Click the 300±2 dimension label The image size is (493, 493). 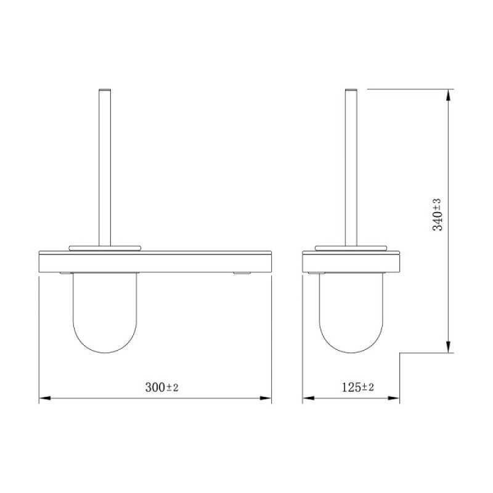click(x=161, y=387)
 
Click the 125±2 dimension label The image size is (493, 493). click(x=358, y=387)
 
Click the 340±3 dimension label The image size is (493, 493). click(x=438, y=214)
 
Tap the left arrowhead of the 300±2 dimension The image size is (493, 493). click(x=44, y=398)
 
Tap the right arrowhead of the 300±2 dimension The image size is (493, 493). click(x=266, y=398)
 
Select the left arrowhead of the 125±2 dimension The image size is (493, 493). click(x=308, y=398)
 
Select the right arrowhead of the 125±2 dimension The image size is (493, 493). click(x=394, y=398)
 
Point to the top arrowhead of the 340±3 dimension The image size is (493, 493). click(x=449, y=95)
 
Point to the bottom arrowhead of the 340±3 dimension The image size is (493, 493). click(x=449, y=346)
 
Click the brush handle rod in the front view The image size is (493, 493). click(x=105, y=167)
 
